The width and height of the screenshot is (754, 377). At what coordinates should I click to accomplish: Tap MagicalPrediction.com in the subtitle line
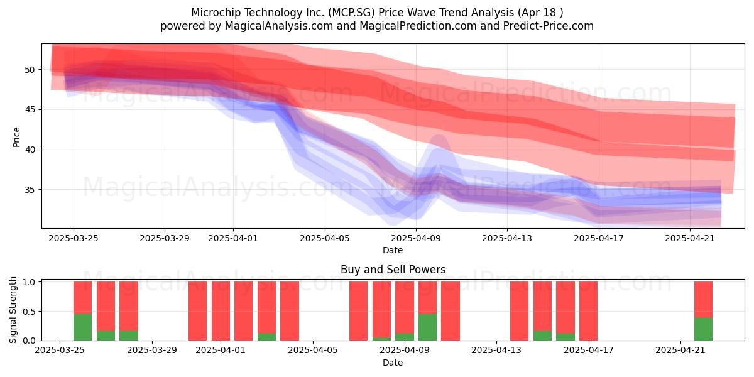418,26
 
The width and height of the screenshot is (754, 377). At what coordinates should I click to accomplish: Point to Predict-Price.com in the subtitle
549,26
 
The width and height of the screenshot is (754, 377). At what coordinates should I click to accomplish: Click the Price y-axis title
16,137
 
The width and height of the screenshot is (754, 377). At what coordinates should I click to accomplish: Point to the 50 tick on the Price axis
30,70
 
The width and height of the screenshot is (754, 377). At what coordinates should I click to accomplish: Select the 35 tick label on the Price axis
30,190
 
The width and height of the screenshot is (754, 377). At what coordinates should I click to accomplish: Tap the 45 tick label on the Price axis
30,110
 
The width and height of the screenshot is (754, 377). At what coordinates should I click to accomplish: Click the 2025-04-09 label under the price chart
416,238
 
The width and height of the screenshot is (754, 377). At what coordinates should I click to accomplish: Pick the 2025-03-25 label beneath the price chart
74,238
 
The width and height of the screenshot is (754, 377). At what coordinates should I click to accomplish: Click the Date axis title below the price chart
393,250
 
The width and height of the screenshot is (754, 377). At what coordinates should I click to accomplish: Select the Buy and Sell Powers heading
393,270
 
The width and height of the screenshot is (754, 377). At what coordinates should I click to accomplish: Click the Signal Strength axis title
13,310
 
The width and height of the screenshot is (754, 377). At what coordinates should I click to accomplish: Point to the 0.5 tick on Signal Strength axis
29,312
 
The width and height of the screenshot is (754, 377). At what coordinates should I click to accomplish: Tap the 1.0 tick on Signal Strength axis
29,282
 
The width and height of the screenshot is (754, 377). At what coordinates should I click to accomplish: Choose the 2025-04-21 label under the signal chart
680,351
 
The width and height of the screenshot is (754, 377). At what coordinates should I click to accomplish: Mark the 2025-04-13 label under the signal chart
496,351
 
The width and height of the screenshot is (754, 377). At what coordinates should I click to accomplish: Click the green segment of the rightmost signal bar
703,329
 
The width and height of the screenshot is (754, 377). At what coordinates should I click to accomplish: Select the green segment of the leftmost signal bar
82,327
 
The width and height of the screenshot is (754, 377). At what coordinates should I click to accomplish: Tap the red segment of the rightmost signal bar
703,300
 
